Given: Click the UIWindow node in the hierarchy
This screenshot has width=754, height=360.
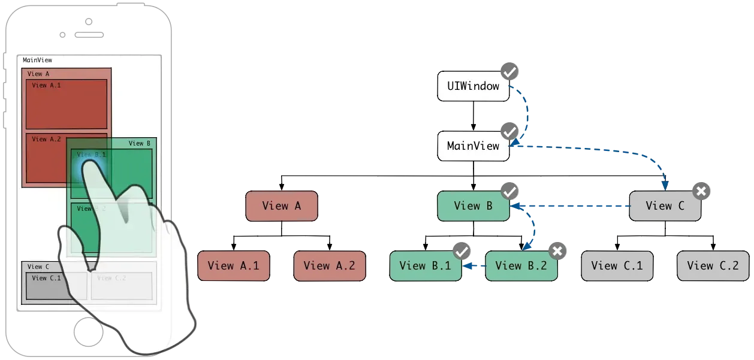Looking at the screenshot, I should pyautogui.click(x=473, y=86).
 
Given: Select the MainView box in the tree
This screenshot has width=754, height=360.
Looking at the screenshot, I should pyautogui.click(x=473, y=146).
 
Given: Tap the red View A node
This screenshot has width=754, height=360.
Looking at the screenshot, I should pyautogui.click(x=281, y=206).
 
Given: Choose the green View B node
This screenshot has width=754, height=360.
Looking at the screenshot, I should pyautogui.click(x=473, y=206).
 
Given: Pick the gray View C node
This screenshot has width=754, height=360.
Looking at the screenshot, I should pyautogui.click(x=665, y=206).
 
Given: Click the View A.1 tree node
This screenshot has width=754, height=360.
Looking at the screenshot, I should pyautogui.click(x=233, y=266).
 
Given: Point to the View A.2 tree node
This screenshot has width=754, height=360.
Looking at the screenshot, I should pyautogui.click(x=329, y=266).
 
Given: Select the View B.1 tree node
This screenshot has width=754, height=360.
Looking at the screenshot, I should pyautogui.click(x=425, y=266).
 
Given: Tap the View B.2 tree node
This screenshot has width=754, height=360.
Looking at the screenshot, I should pyautogui.click(x=521, y=266).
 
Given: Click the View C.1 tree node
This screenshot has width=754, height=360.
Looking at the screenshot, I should pyautogui.click(x=617, y=266).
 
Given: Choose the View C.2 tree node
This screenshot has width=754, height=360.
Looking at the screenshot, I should pyautogui.click(x=713, y=266).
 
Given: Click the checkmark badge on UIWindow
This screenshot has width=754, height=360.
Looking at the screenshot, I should pyautogui.click(x=510, y=72).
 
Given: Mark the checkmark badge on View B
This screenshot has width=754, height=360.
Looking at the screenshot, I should pyautogui.click(x=510, y=192).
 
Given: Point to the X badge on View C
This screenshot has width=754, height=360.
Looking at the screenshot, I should pyautogui.click(x=701, y=192).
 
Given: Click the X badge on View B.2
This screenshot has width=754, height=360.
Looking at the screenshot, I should pyautogui.click(x=557, y=251).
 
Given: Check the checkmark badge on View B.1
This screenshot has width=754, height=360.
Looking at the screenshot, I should pyautogui.click(x=462, y=251).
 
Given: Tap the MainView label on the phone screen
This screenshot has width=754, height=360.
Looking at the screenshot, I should pyautogui.click(x=37, y=60).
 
